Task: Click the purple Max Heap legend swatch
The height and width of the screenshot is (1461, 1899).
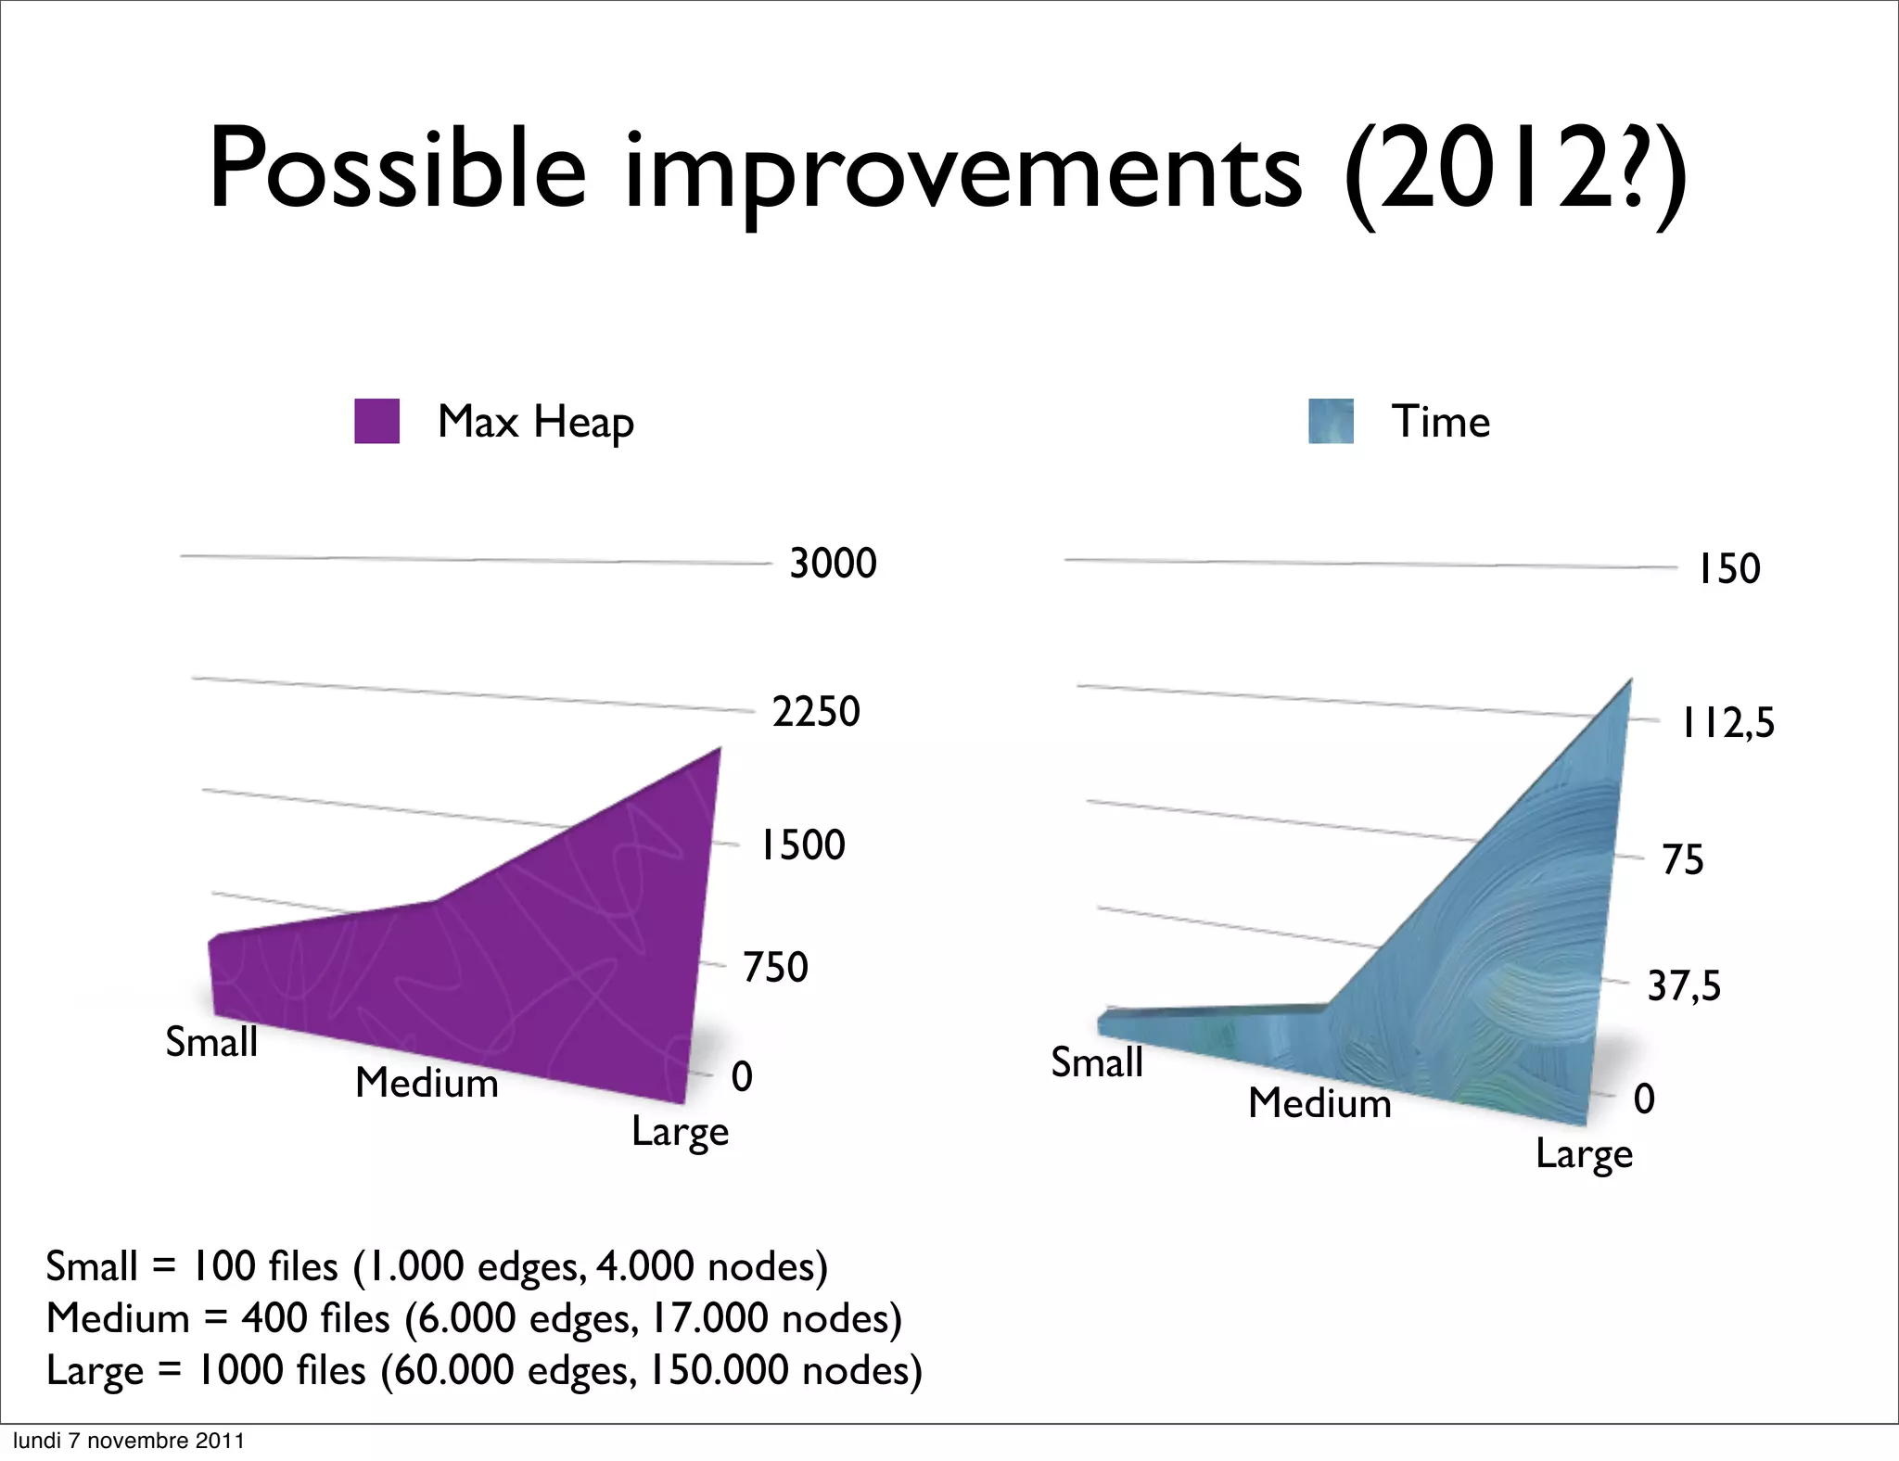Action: pyautogui.click(x=376, y=422)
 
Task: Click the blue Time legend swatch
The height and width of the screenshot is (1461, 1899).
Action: pyautogui.click(x=1331, y=422)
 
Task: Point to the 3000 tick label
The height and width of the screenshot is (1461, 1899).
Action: pyautogui.click(x=833, y=564)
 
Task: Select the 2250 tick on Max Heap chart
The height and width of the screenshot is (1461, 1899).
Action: pyautogui.click(x=816, y=712)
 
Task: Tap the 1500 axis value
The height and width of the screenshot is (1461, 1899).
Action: pyautogui.click(x=803, y=845)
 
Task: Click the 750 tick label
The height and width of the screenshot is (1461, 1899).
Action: pyautogui.click(x=775, y=968)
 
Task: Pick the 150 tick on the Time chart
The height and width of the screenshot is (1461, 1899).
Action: pyautogui.click(x=1728, y=569)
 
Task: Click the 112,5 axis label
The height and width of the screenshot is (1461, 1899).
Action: pyautogui.click(x=1727, y=723)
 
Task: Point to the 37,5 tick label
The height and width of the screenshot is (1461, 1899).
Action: pyautogui.click(x=1683, y=985)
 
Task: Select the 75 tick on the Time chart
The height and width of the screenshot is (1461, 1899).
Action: pyautogui.click(x=1682, y=860)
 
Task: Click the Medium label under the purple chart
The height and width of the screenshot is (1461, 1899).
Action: pyautogui.click(x=427, y=1083)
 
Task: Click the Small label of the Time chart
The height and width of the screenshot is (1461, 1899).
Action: pyautogui.click(x=1096, y=1062)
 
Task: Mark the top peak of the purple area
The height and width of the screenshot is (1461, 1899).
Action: pyautogui.click(x=720, y=749)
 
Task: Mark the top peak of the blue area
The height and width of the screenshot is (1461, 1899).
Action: pyautogui.click(x=1630, y=681)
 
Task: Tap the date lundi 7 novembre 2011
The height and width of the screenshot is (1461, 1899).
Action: pyautogui.click(x=128, y=1441)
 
